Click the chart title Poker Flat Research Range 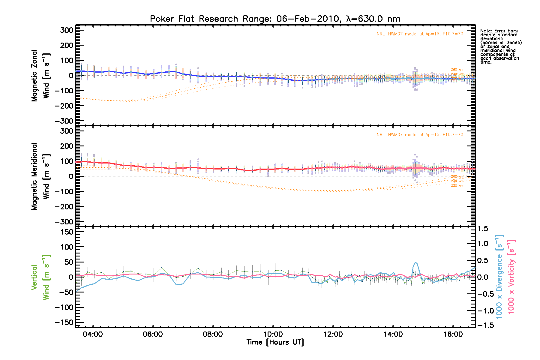point(275,19)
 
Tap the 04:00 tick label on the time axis point(93,334)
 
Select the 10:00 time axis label point(273,334)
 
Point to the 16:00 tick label point(453,334)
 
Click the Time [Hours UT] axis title point(275,342)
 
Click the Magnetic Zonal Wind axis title point(40,76)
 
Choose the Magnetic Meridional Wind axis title point(40,176)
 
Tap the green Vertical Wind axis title point(40,277)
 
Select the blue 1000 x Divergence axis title point(499,277)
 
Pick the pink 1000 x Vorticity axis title point(511,277)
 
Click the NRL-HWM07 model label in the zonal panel point(420,34)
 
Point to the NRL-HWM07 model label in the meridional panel point(420,135)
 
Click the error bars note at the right point(501,46)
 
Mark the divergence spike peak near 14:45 point(415,262)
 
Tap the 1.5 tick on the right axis point(483,229)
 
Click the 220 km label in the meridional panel point(457,186)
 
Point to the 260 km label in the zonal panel point(457,70)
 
